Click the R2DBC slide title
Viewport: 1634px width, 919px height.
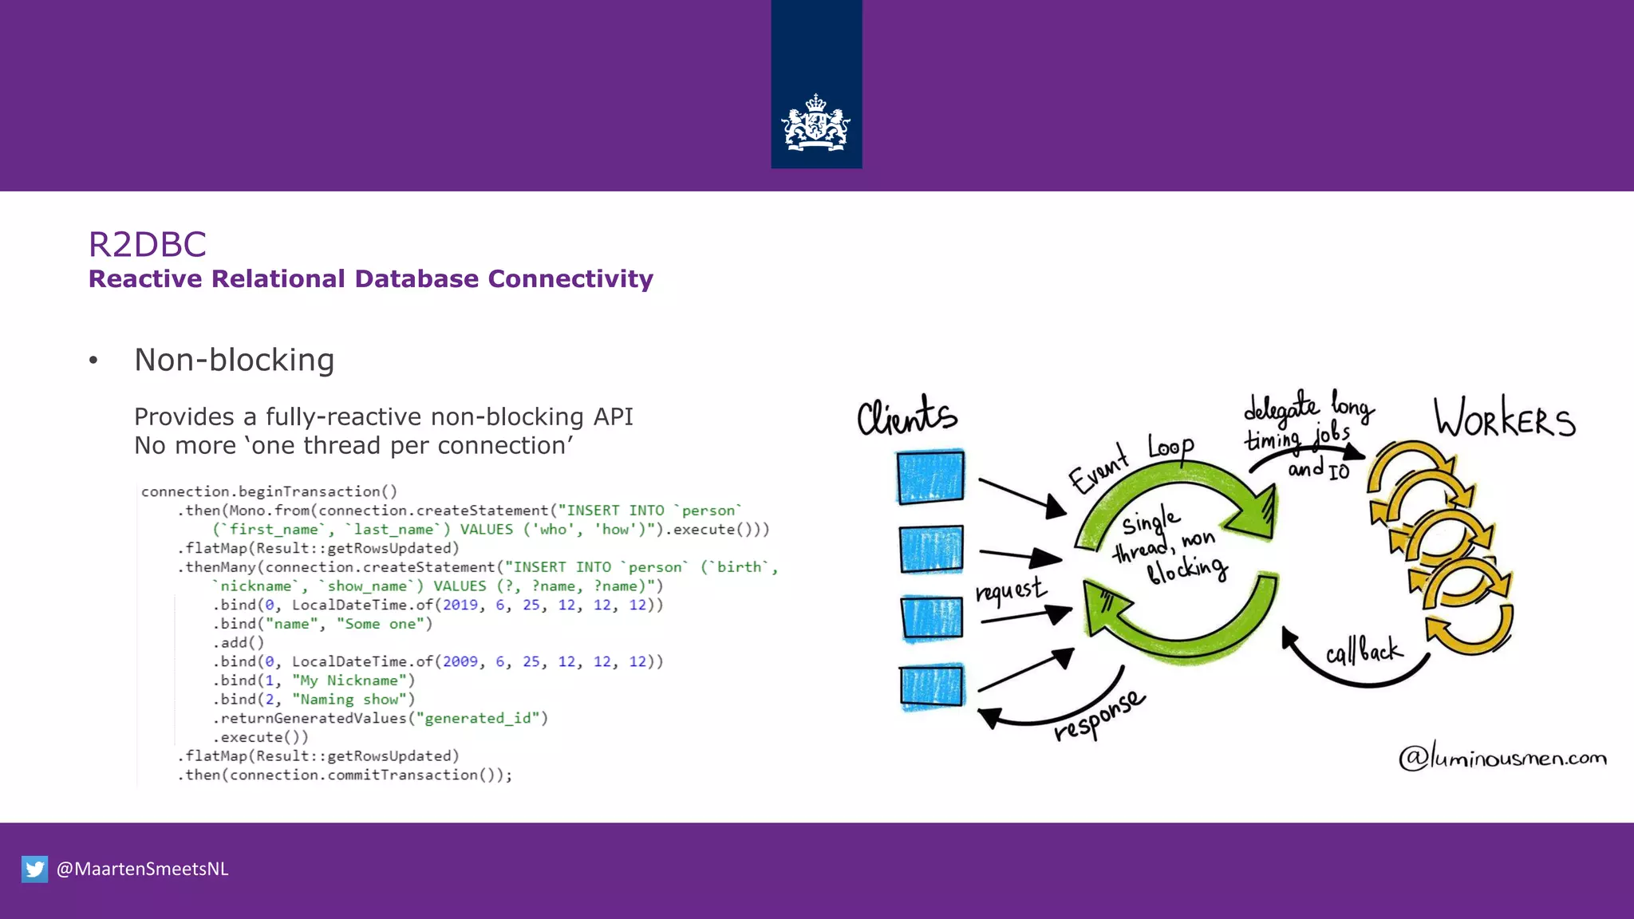coord(148,244)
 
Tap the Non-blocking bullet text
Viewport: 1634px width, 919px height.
coord(234,360)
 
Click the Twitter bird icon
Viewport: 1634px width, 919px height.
coord(34,869)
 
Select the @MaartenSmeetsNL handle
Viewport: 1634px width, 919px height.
coord(142,869)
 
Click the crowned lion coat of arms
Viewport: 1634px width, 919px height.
coord(815,124)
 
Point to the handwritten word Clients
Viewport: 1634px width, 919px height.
coord(906,415)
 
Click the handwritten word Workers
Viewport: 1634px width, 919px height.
coord(1504,418)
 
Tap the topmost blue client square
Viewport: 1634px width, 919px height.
coord(930,477)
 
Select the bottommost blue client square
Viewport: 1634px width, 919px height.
coord(931,686)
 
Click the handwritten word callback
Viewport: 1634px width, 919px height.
coord(1363,651)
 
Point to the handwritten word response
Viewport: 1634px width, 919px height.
coord(1099,716)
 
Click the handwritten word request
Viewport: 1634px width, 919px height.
coord(1009,591)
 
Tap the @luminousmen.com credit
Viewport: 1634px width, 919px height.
coord(1502,756)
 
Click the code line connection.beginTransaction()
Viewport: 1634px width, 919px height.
coord(269,491)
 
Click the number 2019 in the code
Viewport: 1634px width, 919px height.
coord(460,605)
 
